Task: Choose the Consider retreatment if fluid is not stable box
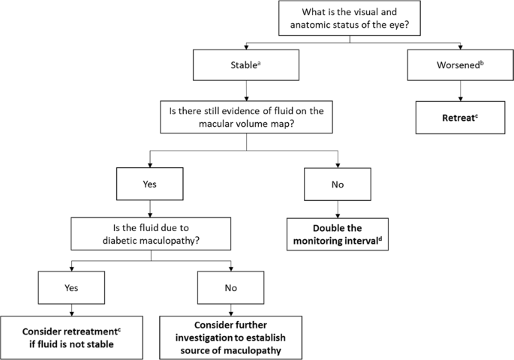click(x=71, y=334)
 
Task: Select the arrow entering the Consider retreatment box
click(x=71, y=310)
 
